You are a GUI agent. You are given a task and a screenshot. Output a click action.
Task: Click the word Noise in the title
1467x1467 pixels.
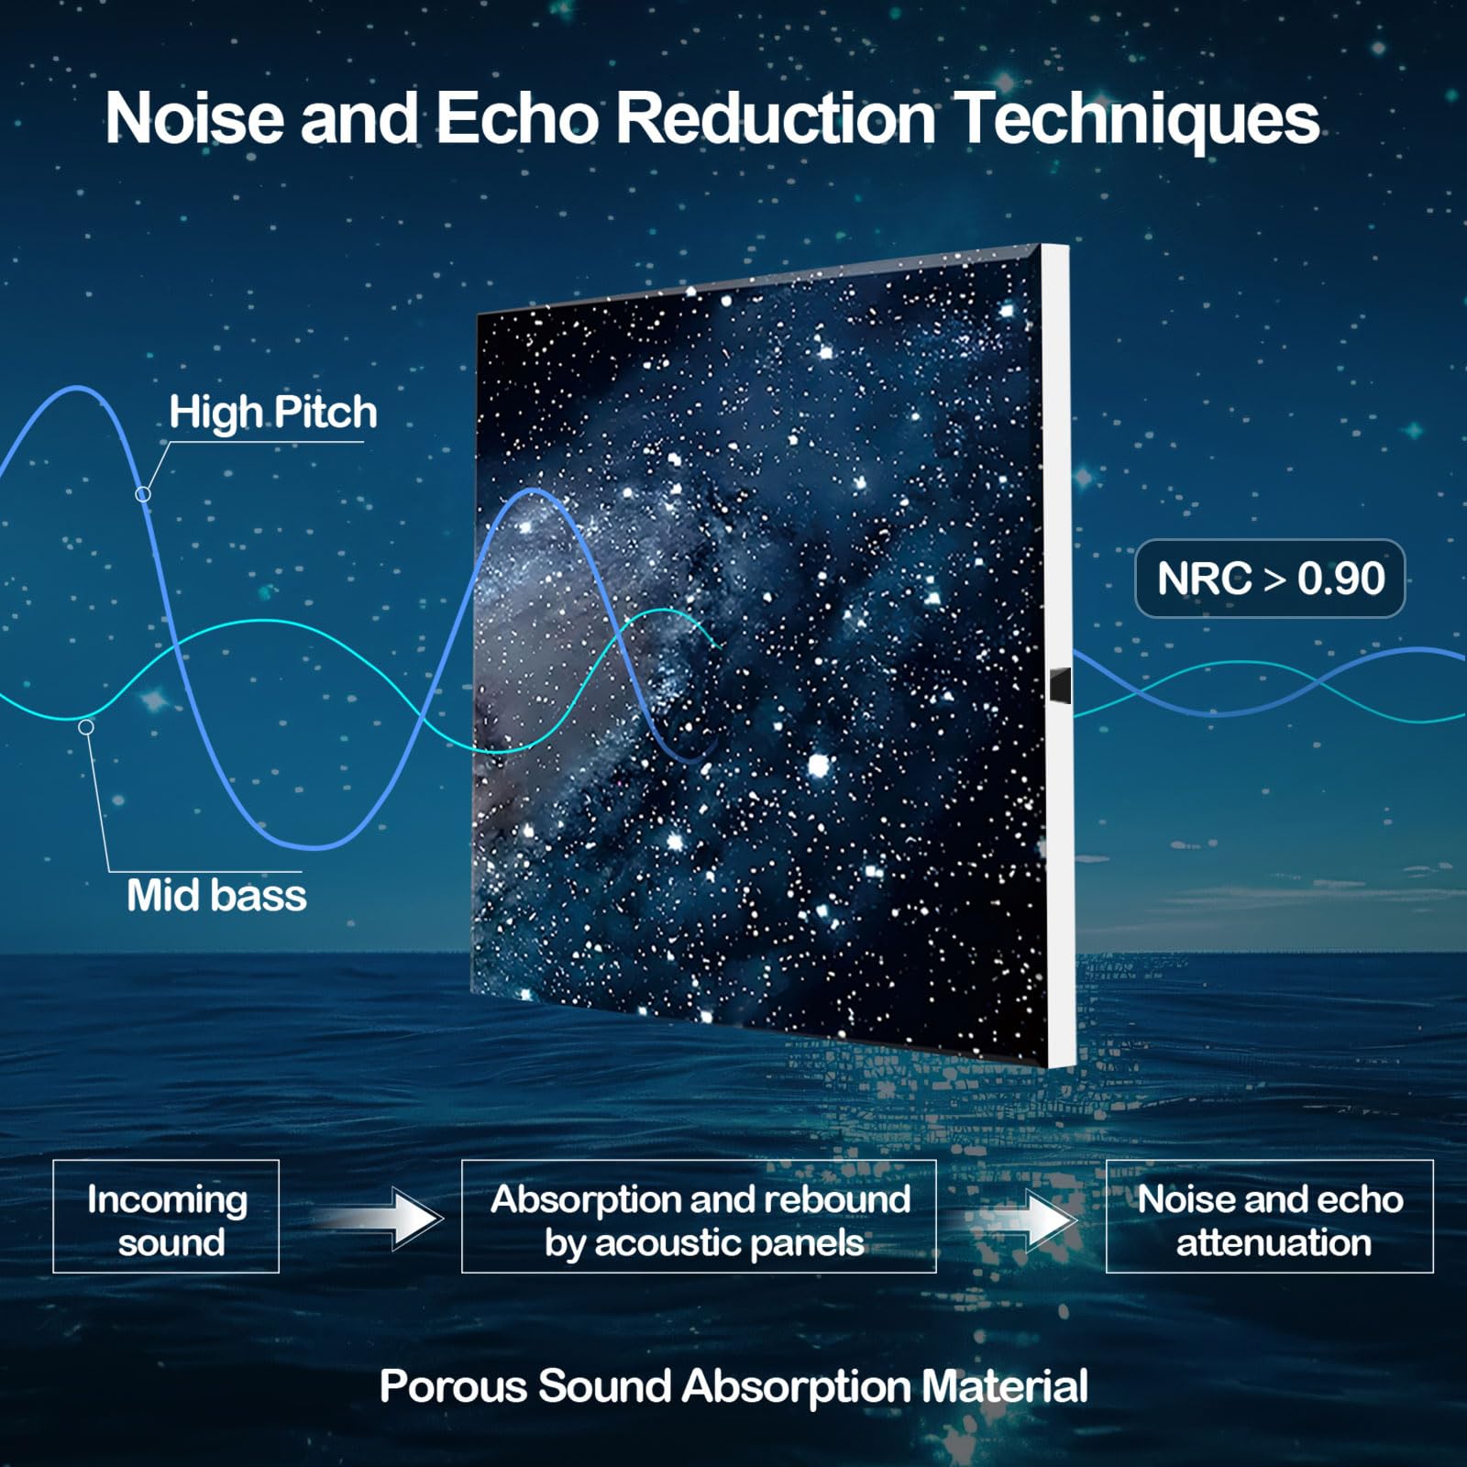tap(195, 118)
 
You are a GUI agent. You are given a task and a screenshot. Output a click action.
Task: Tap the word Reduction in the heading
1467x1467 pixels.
tap(776, 118)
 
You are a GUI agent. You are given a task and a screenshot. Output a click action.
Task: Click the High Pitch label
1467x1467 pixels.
tap(273, 412)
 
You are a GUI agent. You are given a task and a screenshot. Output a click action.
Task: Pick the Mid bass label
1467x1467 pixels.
tap(216, 895)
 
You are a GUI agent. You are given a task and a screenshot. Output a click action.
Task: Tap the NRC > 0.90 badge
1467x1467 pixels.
tap(1270, 579)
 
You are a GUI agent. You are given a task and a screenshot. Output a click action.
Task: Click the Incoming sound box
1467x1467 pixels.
tap(166, 1216)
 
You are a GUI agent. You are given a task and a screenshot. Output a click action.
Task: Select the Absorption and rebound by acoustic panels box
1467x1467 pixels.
tap(699, 1216)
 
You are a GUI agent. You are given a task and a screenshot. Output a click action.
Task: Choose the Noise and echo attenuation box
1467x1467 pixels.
tap(1270, 1216)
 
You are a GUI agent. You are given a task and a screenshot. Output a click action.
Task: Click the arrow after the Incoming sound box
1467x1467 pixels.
tap(378, 1219)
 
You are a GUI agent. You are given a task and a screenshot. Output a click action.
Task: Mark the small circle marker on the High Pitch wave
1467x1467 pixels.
tap(143, 494)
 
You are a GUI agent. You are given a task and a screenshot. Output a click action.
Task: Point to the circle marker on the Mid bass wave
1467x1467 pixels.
tap(86, 727)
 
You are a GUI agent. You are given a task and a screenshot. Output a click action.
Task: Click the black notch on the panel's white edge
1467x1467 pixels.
tap(1060, 686)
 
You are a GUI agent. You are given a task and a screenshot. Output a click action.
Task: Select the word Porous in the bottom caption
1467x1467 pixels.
tap(453, 1385)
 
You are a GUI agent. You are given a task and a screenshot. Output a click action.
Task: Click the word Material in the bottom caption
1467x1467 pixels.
tap(1005, 1385)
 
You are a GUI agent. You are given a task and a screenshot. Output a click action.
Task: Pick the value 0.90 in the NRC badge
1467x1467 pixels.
tap(1341, 579)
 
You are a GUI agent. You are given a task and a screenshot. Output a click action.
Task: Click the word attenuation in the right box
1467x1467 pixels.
tap(1274, 1242)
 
